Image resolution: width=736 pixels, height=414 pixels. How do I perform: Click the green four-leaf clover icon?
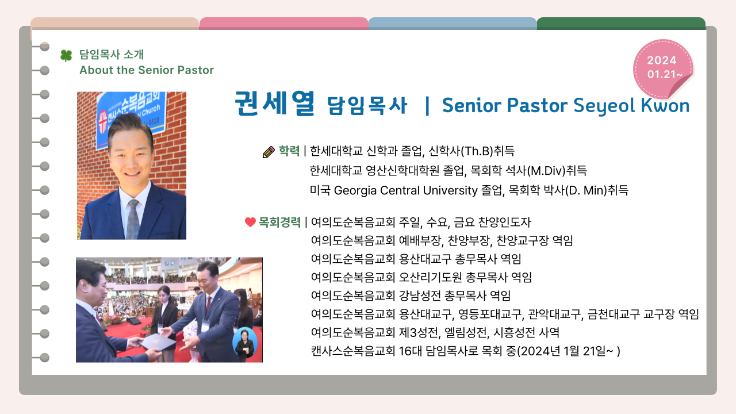point(66,56)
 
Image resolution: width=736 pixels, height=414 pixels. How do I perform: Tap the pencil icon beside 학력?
point(269,152)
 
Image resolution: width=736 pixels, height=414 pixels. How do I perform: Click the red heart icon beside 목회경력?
point(250,222)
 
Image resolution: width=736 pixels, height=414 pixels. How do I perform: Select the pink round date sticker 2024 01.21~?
point(663,69)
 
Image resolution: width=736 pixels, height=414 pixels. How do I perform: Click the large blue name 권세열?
point(275,103)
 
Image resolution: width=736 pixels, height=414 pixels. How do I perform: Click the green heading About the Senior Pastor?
point(147,70)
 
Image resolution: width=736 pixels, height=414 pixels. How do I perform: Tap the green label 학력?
point(289,151)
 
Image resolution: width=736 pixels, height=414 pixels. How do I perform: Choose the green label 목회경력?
point(279,222)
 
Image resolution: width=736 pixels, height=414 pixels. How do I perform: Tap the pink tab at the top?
point(283,24)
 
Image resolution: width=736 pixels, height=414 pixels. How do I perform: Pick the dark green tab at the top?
point(621,24)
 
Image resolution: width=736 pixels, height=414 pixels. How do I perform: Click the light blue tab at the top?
point(453,24)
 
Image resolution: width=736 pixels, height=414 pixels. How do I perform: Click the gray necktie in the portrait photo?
point(133,219)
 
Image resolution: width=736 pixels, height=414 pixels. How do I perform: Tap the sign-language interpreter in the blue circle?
point(245,343)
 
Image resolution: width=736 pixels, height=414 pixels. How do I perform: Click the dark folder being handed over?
point(157,342)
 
